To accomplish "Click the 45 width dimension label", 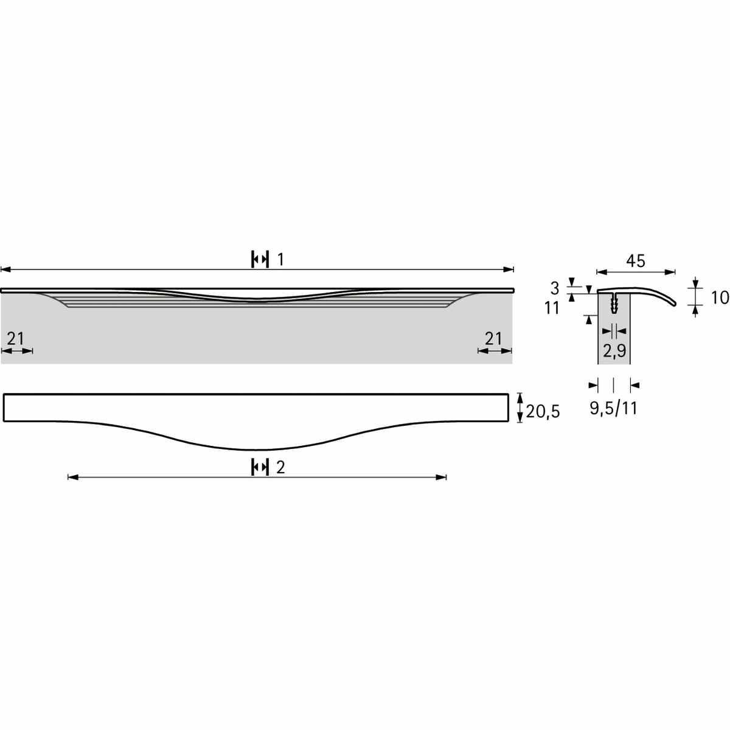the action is [635, 261].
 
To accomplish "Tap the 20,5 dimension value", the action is [543, 411].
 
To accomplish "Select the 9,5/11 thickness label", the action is [613, 408].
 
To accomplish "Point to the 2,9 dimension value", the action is [614, 351].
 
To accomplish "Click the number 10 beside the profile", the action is [720, 298].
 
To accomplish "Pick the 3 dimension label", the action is [555, 289].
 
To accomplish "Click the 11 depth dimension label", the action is [552, 308].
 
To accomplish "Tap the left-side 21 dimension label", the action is [16, 338].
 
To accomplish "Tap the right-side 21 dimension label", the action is [493, 338].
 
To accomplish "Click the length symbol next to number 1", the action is [260, 260].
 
